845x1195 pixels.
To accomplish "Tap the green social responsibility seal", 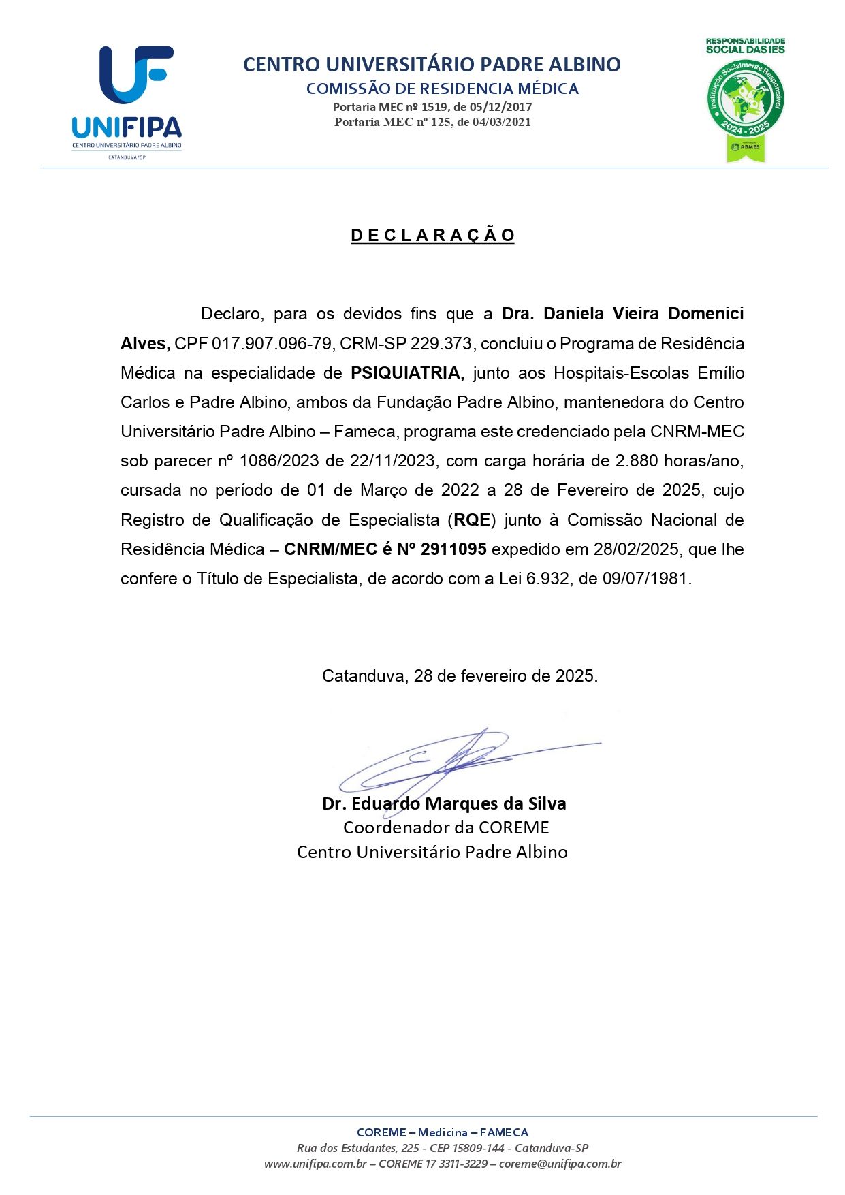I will [x=746, y=101].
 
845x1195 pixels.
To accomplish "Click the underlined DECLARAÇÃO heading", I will [x=432, y=236].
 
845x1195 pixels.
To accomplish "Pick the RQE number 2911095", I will [x=453, y=549].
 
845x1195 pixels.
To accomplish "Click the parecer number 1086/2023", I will [x=278, y=461].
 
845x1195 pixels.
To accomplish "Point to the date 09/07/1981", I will [x=645, y=579].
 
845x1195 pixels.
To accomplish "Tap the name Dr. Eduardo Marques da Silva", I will [x=444, y=804].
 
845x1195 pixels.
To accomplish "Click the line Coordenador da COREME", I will [x=446, y=828].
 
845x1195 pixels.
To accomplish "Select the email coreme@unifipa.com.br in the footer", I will [x=560, y=1164].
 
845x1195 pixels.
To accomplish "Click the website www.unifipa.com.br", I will [x=315, y=1164].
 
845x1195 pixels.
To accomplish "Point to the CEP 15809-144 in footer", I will [x=467, y=1148].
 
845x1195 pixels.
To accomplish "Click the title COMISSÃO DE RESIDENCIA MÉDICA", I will [x=443, y=89].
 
